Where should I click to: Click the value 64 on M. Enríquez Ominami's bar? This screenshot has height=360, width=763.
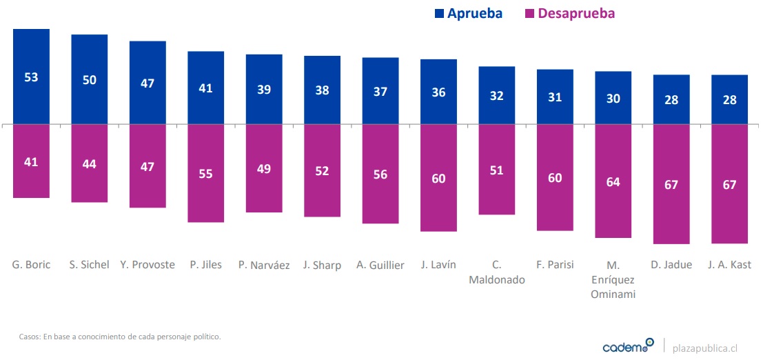[x=613, y=182]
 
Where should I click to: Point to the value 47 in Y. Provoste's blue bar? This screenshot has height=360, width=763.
[x=147, y=83]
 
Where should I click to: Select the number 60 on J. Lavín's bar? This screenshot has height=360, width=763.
[x=438, y=179]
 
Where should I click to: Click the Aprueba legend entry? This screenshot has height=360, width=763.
[x=468, y=14]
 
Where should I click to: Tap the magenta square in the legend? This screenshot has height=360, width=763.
[x=529, y=14]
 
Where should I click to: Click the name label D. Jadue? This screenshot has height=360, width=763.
[x=671, y=265]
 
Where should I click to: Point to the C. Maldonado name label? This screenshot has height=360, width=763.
[x=496, y=272]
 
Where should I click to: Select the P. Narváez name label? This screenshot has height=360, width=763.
[x=264, y=265]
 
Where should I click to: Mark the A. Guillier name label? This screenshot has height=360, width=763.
[x=380, y=265]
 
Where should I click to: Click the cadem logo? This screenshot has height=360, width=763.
[x=628, y=346]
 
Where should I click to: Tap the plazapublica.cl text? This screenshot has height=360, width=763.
[x=709, y=347]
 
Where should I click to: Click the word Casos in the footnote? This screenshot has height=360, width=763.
[x=30, y=337]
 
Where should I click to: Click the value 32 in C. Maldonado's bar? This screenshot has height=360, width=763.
[x=496, y=96]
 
